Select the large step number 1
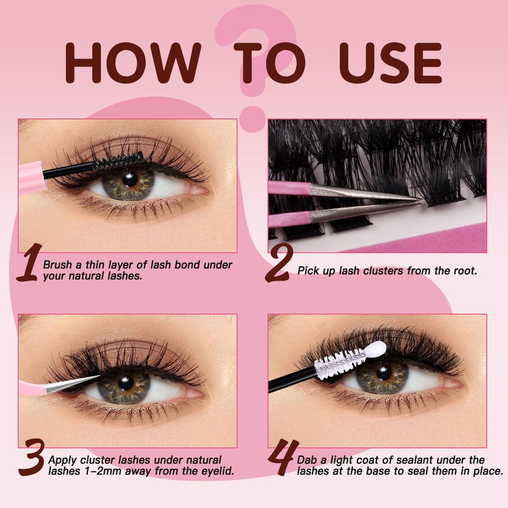point(27,263)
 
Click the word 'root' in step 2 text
point(464,271)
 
